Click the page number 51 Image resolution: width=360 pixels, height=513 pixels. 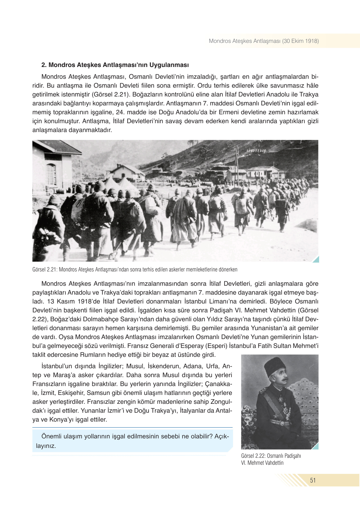coord(313,480)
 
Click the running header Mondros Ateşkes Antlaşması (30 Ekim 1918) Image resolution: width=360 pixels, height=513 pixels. coord(263,41)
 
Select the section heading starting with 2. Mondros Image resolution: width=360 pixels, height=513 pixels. coord(115,65)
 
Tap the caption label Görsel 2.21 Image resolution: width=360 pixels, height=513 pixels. coord(44,270)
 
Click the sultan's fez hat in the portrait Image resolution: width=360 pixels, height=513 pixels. coord(275,366)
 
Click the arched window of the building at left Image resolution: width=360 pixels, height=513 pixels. coord(51,174)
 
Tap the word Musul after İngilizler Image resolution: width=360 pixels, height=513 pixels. coord(135,366)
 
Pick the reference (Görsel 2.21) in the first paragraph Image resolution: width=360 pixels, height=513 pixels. coord(111,94)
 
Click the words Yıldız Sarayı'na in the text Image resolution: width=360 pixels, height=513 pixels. coord(224,319)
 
